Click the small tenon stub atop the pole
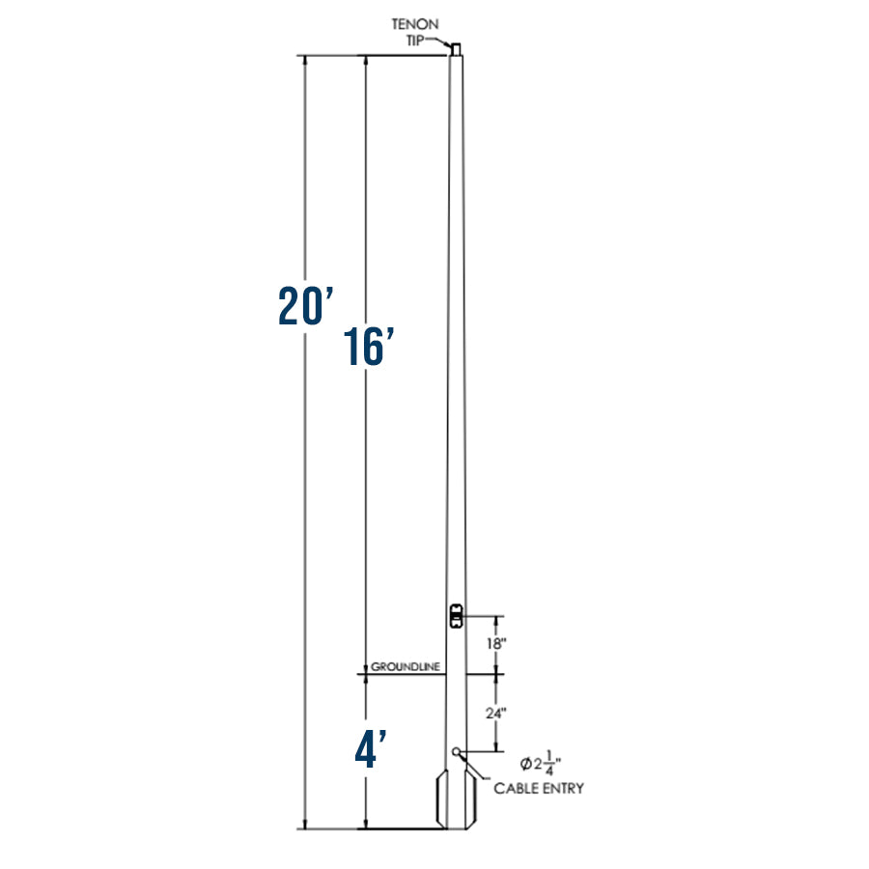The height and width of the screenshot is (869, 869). [457, 47]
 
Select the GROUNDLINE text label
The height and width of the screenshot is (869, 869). [406, 667]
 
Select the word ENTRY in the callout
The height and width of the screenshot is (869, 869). [564, 789]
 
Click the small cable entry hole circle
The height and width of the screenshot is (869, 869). [456, 751]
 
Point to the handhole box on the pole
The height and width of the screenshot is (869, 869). [457, 614]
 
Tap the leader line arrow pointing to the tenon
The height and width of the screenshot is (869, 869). [442, 41]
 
